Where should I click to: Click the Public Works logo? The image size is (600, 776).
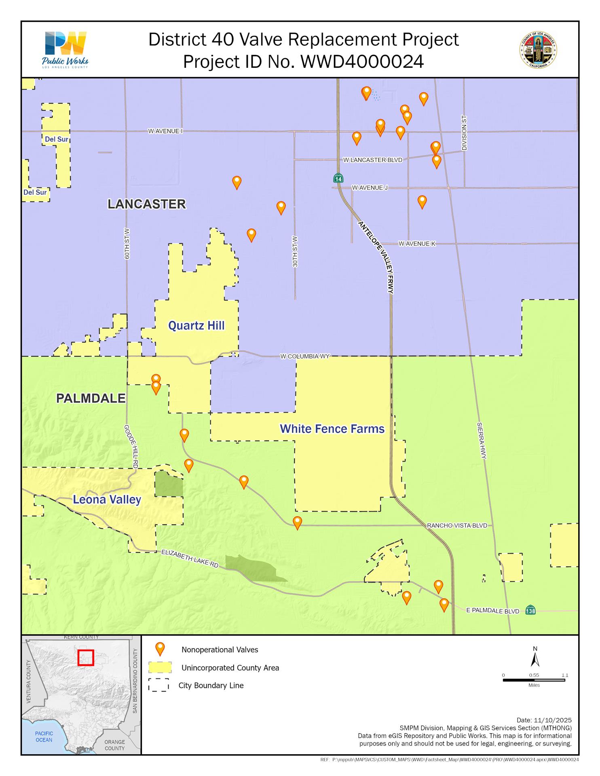(65, 49)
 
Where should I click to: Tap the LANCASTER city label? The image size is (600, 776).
(147, 204)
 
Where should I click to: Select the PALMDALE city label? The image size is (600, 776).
(91, 399)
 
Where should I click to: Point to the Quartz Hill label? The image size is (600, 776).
(196, 326)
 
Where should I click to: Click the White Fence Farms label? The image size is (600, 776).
(332, 429)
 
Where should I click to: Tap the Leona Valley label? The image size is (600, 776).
(107, 500)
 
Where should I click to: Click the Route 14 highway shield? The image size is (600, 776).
(338, 178)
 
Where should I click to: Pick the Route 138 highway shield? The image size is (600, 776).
(530, 610)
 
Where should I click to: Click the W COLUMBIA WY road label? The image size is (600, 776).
(305, 356)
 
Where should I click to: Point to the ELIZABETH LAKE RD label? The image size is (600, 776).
(190, 558)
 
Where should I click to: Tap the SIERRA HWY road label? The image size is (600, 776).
(481, 441)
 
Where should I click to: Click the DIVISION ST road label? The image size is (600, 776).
(464, 133)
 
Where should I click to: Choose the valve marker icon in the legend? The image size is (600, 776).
(161, 649)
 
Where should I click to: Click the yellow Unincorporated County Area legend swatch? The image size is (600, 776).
(160, 668)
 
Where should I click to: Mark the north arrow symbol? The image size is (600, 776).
(535, 659)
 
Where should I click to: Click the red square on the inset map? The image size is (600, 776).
(86, 658)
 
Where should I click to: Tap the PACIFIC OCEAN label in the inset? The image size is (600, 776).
(44, 736)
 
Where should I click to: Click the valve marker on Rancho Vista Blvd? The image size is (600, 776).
(297, 522)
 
